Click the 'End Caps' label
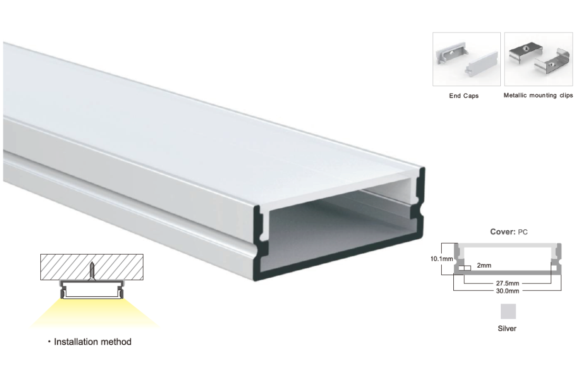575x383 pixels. pos(464,96)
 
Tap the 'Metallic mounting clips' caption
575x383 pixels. pos(538,95)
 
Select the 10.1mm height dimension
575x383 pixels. pos(441,259)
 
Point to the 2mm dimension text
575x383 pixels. pos(484,266)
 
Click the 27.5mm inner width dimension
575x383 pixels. pos(507,283)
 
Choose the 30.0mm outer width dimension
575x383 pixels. pos(507,291)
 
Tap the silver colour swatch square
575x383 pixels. pos(508,312)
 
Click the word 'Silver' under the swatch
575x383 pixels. pos(507,328)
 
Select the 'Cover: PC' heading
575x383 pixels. pos(509,232)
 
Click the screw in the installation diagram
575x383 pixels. pos(92,270)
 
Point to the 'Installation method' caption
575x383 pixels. pos(92,342)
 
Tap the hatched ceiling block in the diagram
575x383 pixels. pos(92,267)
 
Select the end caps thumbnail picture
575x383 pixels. pos(466,59)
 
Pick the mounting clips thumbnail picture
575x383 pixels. pos(539,59)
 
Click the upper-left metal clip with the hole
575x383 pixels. pos(526,52)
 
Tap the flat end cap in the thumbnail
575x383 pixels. pos(481,64)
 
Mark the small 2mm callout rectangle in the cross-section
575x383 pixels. pos(465,268)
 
